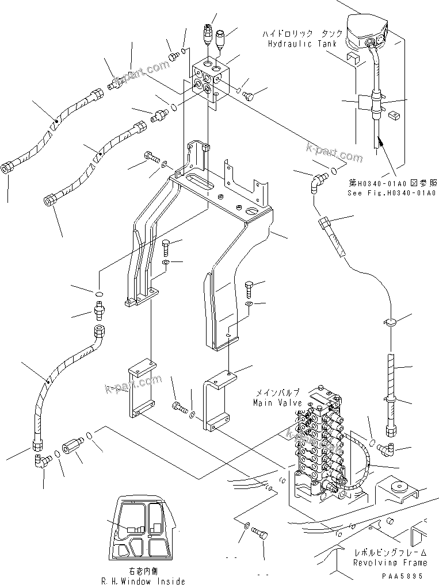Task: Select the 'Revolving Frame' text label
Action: [390, 563]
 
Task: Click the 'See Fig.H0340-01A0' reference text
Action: [391, 193]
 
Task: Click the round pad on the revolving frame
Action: [396, 489]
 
